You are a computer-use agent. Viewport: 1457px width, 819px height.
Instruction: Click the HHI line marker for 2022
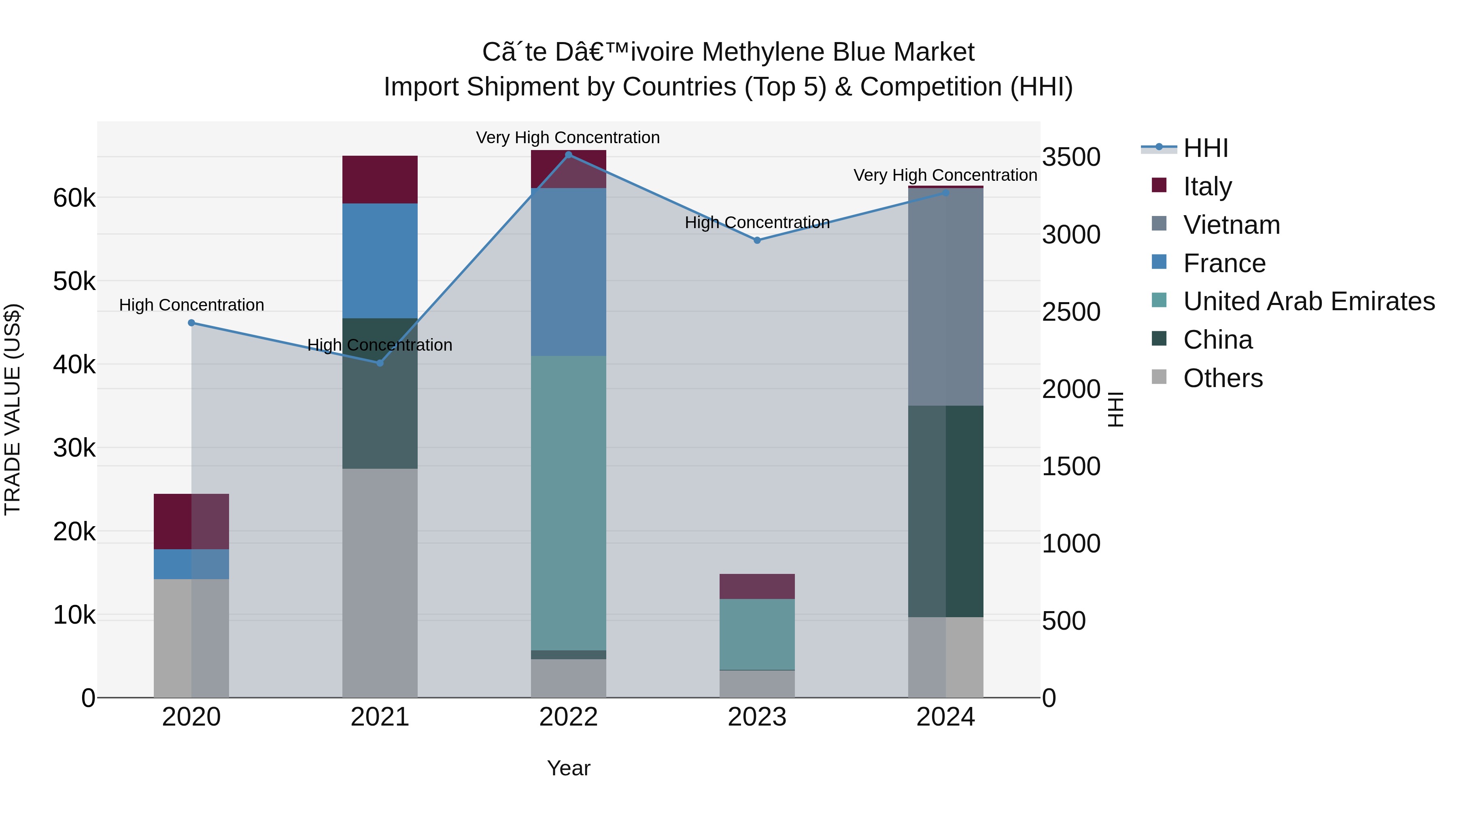click(569, 155)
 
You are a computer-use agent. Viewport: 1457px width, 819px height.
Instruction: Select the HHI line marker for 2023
click(757, 240)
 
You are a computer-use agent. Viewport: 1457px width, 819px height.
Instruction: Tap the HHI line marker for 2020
click(191, 323)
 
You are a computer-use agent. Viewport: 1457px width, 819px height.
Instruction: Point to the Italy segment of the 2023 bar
click(757, 586)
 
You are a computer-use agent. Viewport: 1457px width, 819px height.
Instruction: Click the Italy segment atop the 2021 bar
click(380, 179)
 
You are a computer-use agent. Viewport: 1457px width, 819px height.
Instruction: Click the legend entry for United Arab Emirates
click(1308, 301)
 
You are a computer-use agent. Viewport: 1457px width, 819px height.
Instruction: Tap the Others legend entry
click(1222, 378)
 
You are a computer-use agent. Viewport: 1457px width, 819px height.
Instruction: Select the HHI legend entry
click(1205, 148)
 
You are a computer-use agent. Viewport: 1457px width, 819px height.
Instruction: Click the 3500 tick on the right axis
click(1070, 157)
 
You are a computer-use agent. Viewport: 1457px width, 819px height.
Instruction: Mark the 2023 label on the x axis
click(757, 717)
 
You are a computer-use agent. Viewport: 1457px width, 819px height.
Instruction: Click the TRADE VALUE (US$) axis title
click(13, 409)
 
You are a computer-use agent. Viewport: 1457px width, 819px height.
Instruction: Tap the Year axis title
click(569, 768)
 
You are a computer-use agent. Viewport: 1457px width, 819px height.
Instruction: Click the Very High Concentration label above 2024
click(945, 175)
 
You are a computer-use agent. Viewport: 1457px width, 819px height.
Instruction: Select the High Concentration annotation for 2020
click(191, 305)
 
